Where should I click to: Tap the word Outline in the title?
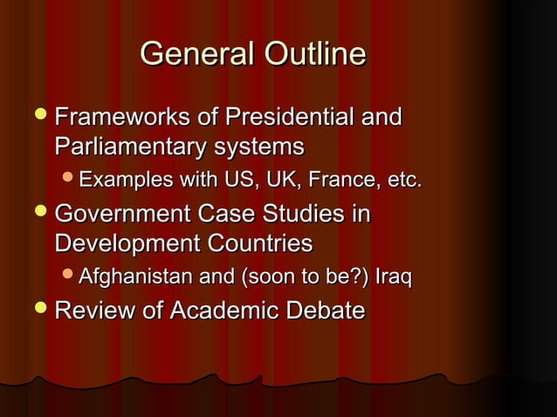pos(309,54)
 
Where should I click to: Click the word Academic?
pos(235,311)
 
